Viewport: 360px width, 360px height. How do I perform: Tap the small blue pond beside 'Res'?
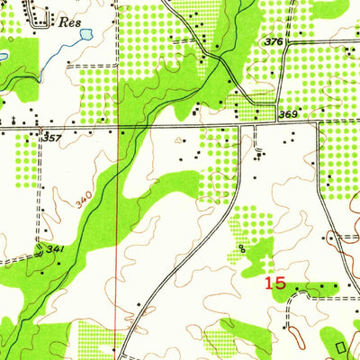coord(85,35)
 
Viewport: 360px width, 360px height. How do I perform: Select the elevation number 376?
coord(274,42)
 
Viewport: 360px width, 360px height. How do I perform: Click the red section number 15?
coord(274,283)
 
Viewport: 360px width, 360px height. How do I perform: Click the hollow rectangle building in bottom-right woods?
coord(340,345)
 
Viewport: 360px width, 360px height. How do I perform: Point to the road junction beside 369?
coord(278,124)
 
